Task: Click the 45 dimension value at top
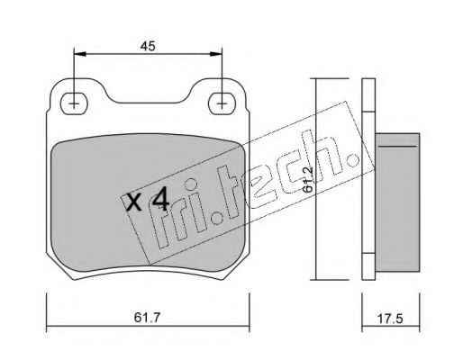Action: pyautogui.click(x=148, y=46)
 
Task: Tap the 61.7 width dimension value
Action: pyautogui.click(x=148, y=318)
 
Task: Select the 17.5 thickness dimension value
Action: pyautogui.click(x=390, y=319)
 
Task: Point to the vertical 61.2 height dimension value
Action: pyautogui.click(x=308, y=179)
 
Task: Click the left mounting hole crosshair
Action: pyautogui.click(x=74, y=104)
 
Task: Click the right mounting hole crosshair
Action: pyautogui.click(x=222, y=104)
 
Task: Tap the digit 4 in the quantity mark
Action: pyautogui.click(x=160, y=201)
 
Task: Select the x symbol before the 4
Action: pyautogui.click(x=133, y=202)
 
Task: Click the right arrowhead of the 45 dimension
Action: pyautogui.click(x=215, y=54)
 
